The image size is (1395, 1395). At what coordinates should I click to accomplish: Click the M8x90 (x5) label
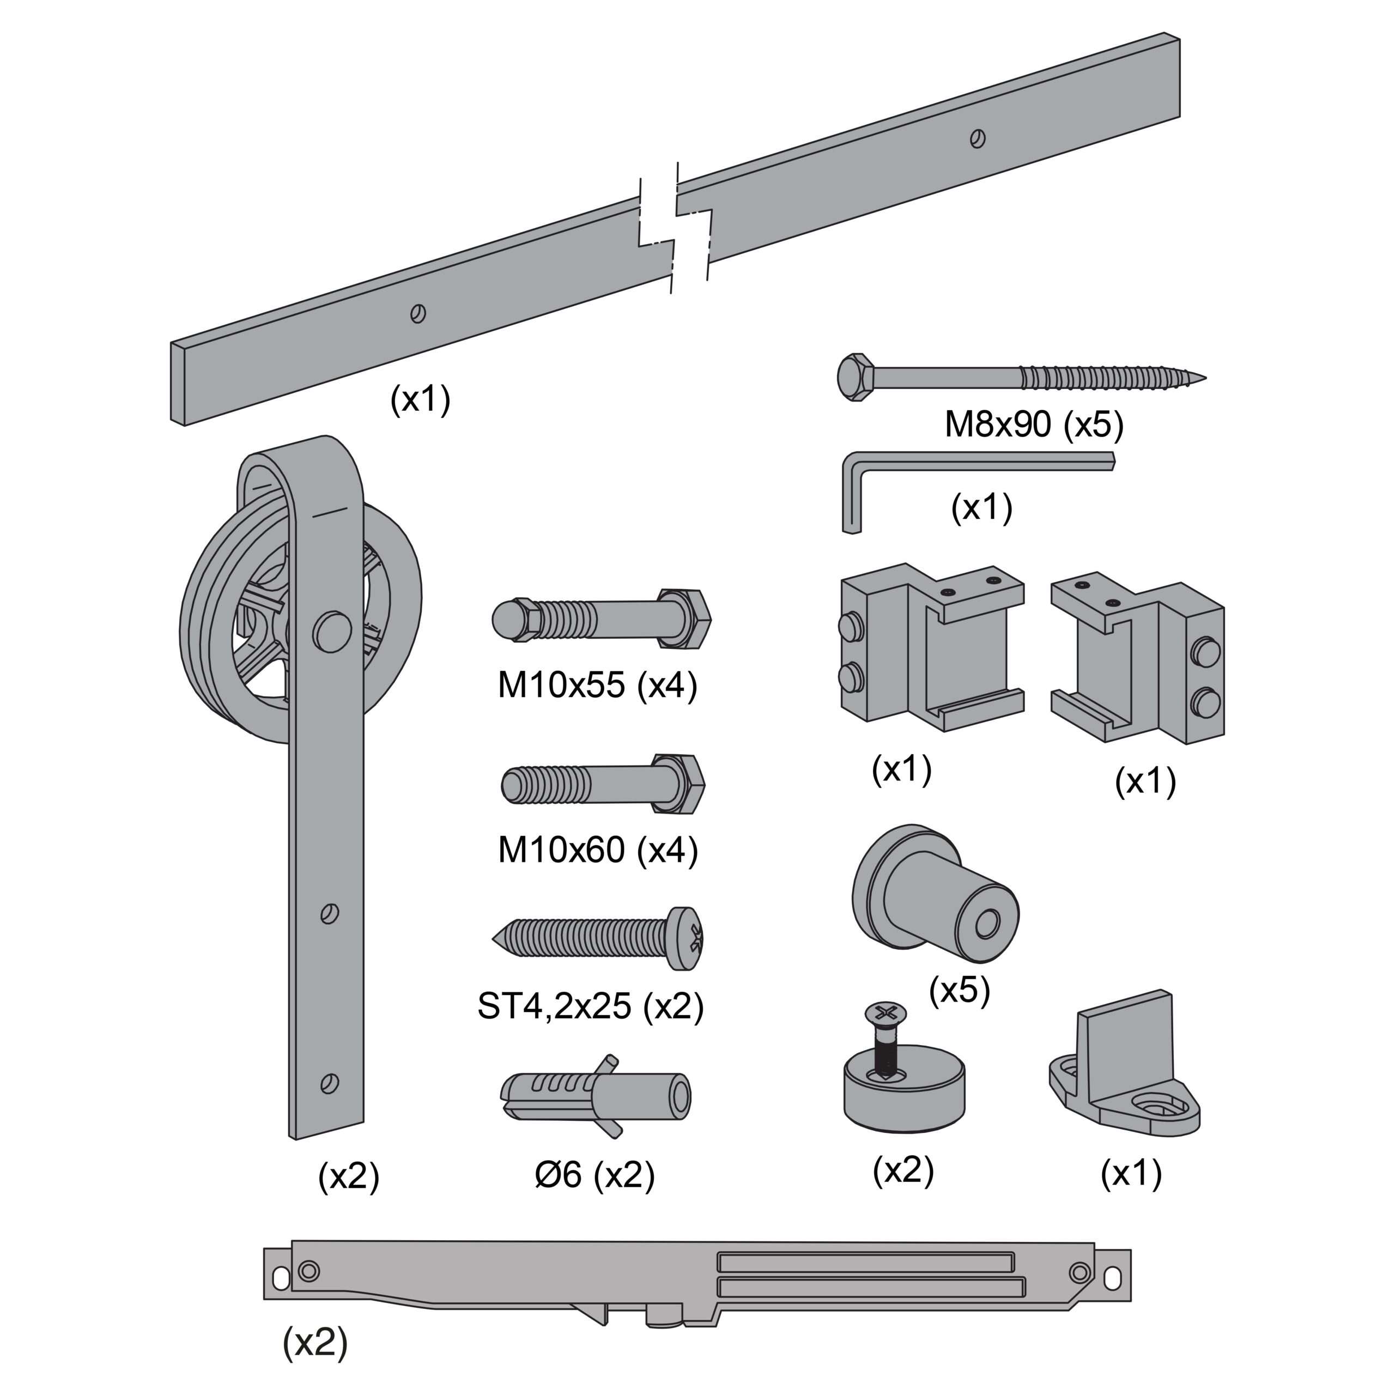tap(1033, 425)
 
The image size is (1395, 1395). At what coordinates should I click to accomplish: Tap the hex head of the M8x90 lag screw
tap(856, 377)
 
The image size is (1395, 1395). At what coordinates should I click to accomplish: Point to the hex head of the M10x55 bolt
tap(684, 619)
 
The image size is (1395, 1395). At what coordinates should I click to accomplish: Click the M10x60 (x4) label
tap(597, 850)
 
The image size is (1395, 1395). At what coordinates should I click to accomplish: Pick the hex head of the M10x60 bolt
tap(679, 784)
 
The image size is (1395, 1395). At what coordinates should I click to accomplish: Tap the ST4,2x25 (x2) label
tap(590, 1006)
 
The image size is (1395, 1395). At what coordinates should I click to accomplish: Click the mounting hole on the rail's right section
tap(978, 138)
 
